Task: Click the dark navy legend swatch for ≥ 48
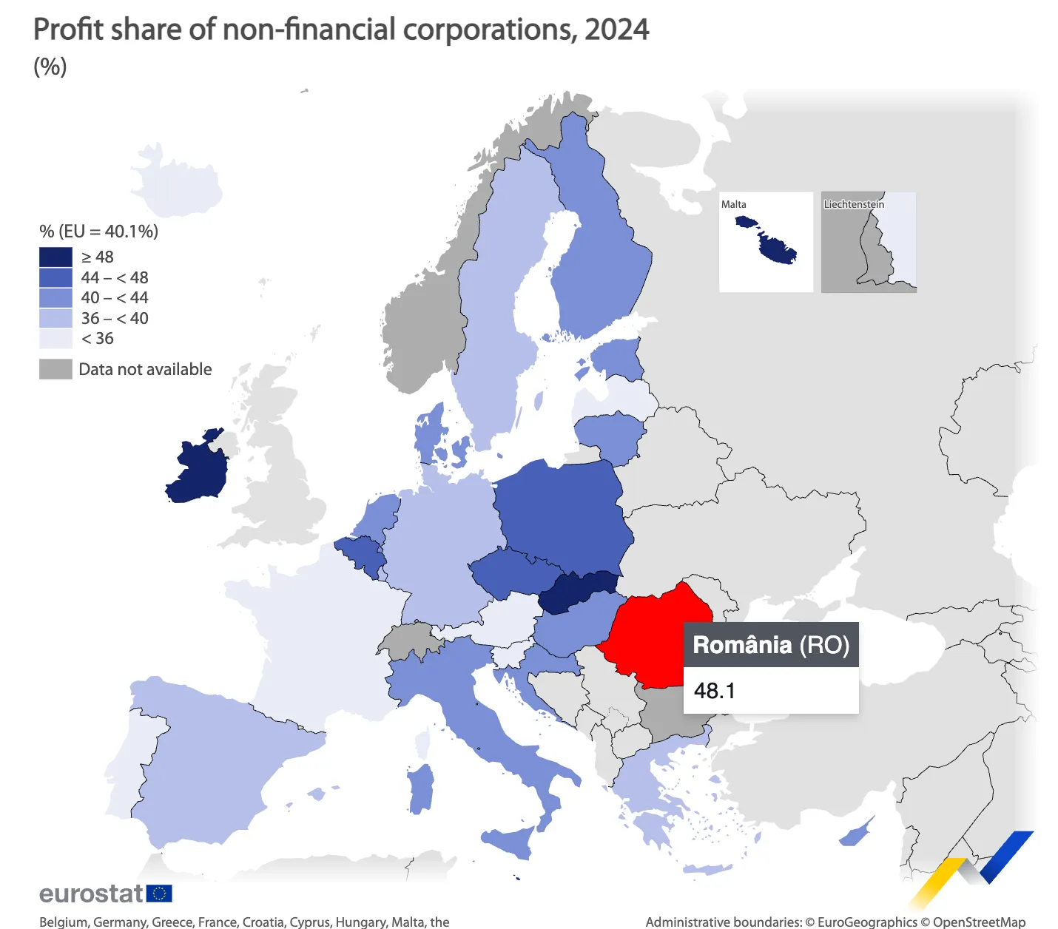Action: click(x=55, y=257)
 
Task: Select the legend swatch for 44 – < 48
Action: click(x=55, y=277)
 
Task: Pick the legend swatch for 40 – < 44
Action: click(x=55, y=297)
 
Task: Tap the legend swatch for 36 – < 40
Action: click(x=55, y=318)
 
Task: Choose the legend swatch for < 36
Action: click(x=55, y=339)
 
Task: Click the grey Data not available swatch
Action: click(x=55, y=369)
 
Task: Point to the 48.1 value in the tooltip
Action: click(x=715, y=691)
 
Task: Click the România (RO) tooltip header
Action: click(x=770, y=645)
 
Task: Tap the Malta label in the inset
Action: click(x=734, y=204)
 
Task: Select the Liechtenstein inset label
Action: click(x=854, y=204)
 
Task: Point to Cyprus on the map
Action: click(x=857, y=834)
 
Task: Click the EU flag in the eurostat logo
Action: click(x=159, y=893)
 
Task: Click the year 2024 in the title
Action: click(x=616, y=30)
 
